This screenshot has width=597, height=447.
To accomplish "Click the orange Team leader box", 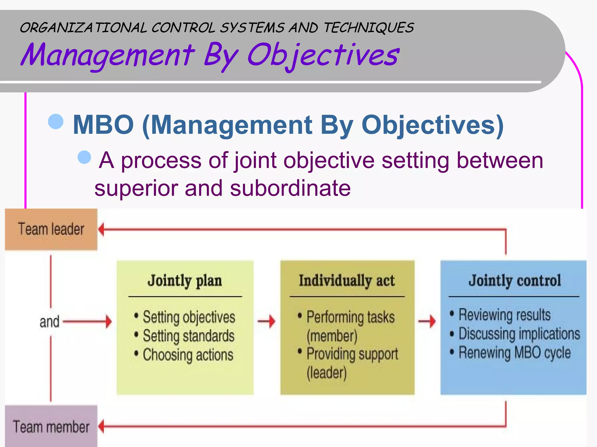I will coord(51,229).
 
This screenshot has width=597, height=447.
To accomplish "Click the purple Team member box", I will coord(51,427).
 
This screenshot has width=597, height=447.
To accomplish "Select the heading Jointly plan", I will coord(185,281).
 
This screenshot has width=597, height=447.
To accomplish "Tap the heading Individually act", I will coord(347,281).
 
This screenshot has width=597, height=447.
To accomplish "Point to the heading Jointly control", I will coord(515,281).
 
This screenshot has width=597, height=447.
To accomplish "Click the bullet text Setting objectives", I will coord(189,317).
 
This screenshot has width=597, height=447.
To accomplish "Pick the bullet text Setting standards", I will coord(188,336).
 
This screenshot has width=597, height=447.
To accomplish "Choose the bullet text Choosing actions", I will coord(188,355).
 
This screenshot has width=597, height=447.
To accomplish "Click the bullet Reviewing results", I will coord(504,315).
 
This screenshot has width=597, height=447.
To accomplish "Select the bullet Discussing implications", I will coord(519,334).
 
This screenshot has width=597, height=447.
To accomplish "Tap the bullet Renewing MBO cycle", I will coord(515,353).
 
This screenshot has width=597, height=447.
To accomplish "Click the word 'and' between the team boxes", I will coord(49,322).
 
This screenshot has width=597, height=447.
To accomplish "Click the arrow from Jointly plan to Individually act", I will coord(267,321).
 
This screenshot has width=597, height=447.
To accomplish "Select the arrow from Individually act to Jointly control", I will coord(427,321).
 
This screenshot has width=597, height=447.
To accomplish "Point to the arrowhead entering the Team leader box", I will coord(101,229).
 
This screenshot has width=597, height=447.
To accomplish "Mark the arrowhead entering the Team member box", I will coord(101,427).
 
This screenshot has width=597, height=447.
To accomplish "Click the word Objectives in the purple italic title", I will coord(323,55).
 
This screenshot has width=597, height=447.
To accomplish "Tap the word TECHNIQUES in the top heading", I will coord(369,28).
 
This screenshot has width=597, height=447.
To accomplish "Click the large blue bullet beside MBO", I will coord(56,121).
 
